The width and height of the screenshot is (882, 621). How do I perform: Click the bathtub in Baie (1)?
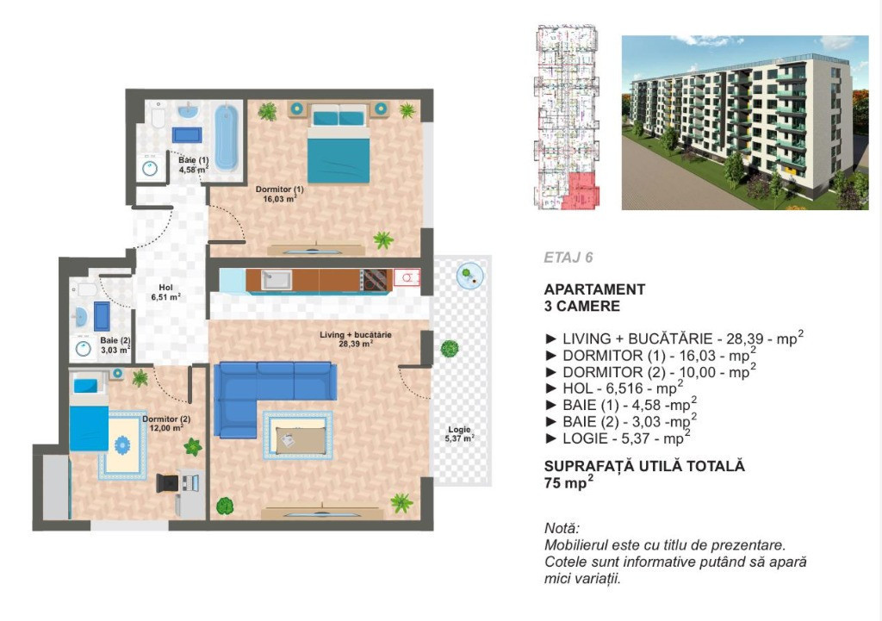tap(227, 137)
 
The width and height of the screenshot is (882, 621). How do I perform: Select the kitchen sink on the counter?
tap(276, 280)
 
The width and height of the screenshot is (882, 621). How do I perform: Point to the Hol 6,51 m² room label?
tap(165, 293)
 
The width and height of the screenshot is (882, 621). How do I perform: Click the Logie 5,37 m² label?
tap(460, 434)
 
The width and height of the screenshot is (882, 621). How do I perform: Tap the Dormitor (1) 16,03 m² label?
tap(280, 194)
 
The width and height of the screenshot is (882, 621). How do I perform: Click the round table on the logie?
tap(469, 276)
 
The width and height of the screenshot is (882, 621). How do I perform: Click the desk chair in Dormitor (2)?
tap(168, 483)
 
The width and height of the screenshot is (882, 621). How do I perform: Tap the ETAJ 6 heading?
tap(568, 258)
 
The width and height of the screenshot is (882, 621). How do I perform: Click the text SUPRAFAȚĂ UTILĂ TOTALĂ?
tap(644, 466)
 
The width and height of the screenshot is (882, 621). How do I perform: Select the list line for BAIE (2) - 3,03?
tap(621, 421)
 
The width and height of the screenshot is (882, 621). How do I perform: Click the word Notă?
tap(562, 528)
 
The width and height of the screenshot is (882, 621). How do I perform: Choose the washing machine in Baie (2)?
tap(84, 349)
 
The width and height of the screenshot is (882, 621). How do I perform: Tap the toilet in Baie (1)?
tap(158, 116)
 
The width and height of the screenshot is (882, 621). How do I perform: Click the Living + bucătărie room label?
tap(356, 339)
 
